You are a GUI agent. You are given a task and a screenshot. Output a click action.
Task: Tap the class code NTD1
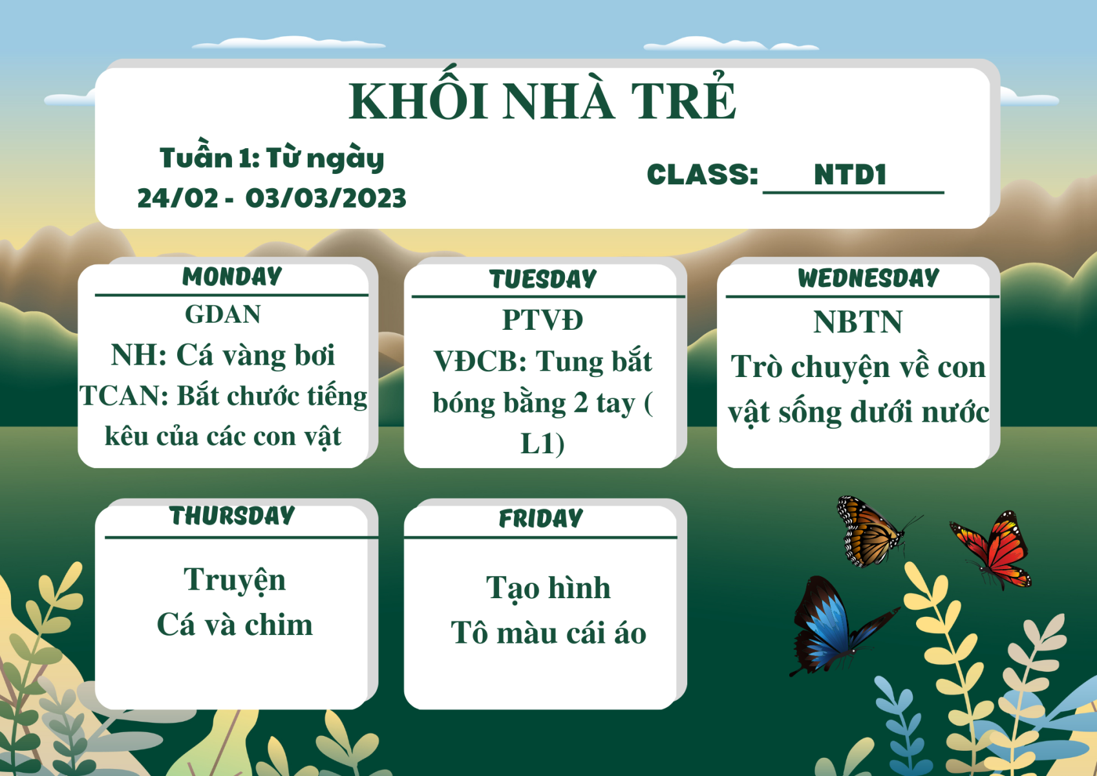[850, 175]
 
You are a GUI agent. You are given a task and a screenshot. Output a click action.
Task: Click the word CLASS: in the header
[702, 175]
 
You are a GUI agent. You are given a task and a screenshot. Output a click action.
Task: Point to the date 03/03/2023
[326, 199]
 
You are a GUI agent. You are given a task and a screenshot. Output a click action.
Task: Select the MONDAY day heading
[232, 277]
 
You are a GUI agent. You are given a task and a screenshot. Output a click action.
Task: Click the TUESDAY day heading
[543, 279]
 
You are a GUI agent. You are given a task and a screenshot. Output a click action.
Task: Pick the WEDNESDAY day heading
[868, 278]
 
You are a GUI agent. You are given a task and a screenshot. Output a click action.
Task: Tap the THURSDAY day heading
[232, 516]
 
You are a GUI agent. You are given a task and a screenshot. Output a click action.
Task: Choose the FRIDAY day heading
[541, 519]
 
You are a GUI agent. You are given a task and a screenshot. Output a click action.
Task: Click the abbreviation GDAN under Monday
[223, 314]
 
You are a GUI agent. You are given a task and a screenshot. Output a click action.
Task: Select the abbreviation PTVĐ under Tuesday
[542, 320]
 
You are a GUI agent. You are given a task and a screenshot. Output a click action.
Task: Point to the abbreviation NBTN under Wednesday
[858, 322]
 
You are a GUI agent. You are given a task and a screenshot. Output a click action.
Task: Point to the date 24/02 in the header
[178, 199]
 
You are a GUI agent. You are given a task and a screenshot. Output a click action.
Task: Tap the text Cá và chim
[235, 625]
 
